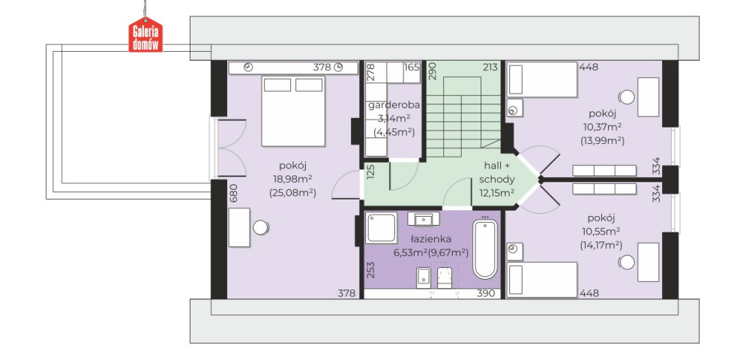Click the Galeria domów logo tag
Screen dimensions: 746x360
click(145, 34)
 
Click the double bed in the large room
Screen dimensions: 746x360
click(293, 111)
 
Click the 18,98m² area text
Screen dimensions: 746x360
click(292, 179)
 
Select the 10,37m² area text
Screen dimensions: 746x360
click(602, 127)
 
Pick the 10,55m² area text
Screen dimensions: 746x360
click(601, 232)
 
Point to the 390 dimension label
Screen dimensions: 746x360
click(486, 294)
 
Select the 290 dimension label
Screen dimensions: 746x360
click(431, 71)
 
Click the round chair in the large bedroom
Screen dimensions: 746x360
click(260, 227)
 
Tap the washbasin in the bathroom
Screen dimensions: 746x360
click(424, 219)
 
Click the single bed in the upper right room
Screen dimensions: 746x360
click(542, 79)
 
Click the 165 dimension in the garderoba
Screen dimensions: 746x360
click(412, 67)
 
